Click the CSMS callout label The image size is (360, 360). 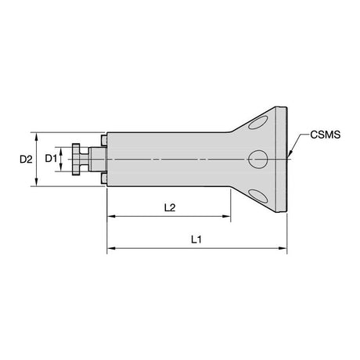pyautogui.click(x=326, y=135)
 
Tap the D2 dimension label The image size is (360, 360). pyautogui.click(x=26, y=159)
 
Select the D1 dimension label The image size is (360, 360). pyautogui.click(x=51, y=158)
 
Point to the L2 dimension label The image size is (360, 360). pyautogui.click(x=170, y=207)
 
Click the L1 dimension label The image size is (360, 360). pyautogui.click(x=196, y=239)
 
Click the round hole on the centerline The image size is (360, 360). pyautogui.click(x=258, y=159)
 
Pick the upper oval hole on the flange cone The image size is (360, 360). pyautogui.click(x=258, y=123)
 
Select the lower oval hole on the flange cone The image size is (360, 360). pyautogui.click(x=258, y=196)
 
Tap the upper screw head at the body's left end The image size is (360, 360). pyautogui.click(x=104, y=140)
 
